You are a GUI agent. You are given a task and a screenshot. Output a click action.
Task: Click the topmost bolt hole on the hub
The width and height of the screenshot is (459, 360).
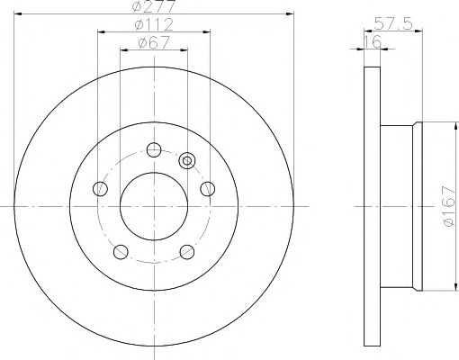tap(154, 149)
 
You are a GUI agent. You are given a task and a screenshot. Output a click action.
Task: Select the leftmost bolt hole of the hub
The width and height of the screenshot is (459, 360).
tap(101, 189)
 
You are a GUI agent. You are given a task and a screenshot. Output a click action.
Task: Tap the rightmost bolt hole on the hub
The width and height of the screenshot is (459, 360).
tap(207, 188)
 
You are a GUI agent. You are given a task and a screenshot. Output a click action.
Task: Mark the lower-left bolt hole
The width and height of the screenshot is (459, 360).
tap(121, 251)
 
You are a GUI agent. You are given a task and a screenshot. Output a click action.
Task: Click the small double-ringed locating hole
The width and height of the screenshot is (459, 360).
tap(187, 161)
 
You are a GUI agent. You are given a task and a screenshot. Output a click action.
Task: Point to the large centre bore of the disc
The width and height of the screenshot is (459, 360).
tap(154, 206)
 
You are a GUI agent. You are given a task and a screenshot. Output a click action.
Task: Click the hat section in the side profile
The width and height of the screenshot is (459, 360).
tap(400, 206)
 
